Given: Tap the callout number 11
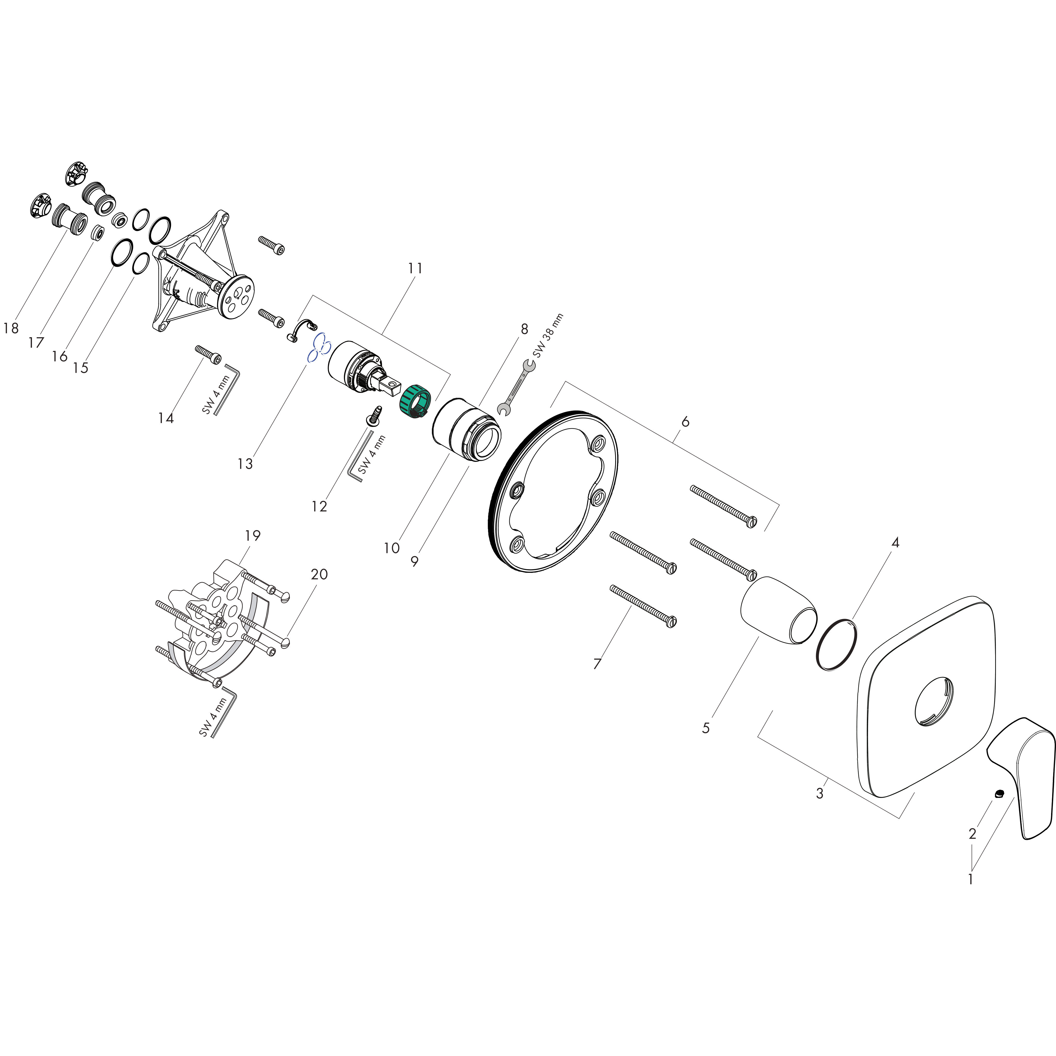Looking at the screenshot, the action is (x=415, y=268).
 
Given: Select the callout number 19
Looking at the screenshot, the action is (x=252, y=536).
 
